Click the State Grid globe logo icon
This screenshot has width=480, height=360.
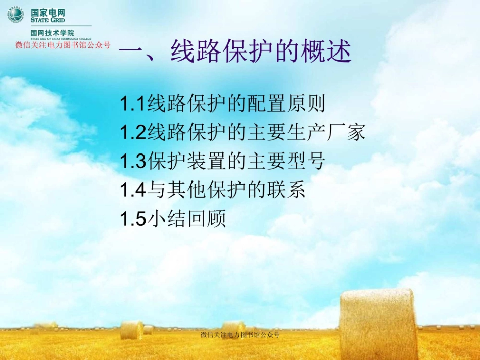[16, 15]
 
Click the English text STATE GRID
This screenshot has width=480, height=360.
[47, 20]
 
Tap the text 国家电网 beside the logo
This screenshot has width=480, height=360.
[48, 12]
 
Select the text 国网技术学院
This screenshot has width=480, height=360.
[52, 32]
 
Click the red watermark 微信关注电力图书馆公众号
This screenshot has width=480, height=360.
[63, 45]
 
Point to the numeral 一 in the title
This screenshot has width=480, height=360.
[132, 52]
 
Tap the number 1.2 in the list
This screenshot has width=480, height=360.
[133, 133]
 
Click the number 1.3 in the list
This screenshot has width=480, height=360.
[133, 162]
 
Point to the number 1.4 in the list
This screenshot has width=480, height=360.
[133, 190]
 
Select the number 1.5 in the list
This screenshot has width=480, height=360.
[133, 219]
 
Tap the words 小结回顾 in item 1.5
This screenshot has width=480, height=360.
[186, 219]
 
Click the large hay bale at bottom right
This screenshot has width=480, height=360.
[378, 323]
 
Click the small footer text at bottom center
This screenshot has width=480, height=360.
[240, 335]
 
